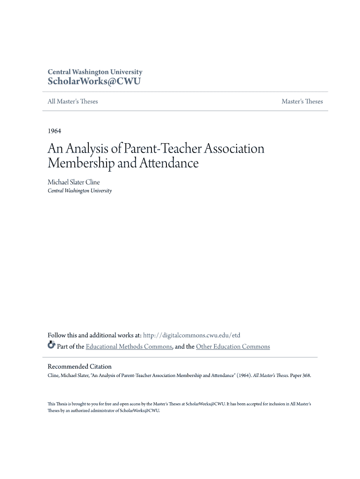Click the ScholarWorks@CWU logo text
click(x=94, y=81)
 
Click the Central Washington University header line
click(x=95, y=72)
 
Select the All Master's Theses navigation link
click(x=73, y=102)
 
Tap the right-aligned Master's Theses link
click(x=302, y=102)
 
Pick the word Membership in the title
click(x=80, y=163)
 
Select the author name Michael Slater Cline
click(x=74, y=182)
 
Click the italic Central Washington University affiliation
click(x=80, y=191)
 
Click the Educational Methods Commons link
click(x=129, y=347)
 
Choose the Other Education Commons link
click(x=233, y=347)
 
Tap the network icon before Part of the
click(x=51, y=346)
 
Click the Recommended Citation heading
click(x=80, y=367)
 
